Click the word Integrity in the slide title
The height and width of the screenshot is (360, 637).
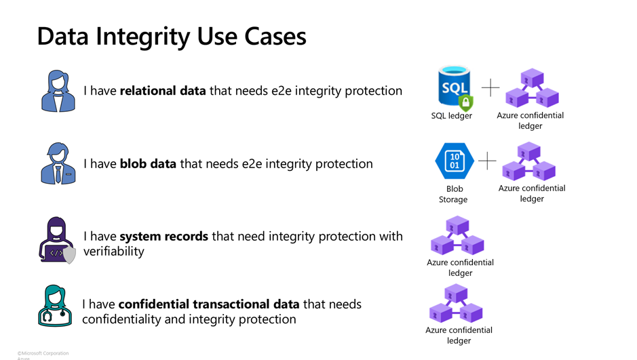[143, 37]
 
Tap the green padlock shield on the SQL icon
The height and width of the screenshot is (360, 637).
[466, 102]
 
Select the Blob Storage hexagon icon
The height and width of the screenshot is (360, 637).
[455, 161]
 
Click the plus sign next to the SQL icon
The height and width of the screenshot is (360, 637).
[490, 87]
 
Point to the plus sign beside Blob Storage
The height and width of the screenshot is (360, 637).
[487, 161]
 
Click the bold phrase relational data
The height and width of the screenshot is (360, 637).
[163, 90]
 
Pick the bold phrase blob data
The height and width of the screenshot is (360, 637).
[149, 163]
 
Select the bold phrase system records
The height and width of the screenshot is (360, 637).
[163, 236]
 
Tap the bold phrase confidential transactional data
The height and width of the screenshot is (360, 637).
[209, 304]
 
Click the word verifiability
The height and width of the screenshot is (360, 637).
[114, 252]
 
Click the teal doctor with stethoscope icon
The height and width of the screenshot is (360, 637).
[55, 306]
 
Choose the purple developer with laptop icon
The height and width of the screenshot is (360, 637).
[57, 240]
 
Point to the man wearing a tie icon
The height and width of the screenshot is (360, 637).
[58, 163]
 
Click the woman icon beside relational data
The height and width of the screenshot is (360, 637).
[58, 91]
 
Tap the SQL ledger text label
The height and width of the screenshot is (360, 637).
[451, 116]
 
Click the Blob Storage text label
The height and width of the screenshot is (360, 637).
[454, 194]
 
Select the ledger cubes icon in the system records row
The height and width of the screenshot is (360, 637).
[457, 235]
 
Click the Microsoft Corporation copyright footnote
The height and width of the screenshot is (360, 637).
[43, 353]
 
